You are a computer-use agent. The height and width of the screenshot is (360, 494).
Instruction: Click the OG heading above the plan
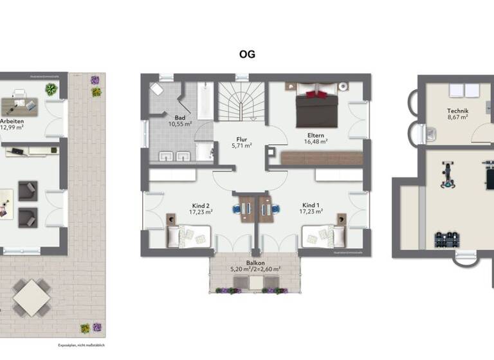click(x=247, y=55)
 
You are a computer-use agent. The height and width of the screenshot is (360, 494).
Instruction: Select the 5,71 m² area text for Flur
click(x=242, y=145)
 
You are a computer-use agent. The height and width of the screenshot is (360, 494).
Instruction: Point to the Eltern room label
click(x=316, y=135)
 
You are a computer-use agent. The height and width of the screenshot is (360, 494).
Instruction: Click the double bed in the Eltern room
click(x=316, y=107)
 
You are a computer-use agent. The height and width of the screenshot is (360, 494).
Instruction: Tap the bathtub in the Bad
click(x=205, y=101)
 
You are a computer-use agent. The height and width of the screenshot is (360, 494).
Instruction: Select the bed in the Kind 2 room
click(x=189, y=236)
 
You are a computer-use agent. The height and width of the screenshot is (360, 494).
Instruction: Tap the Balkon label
click(x=255, y=263)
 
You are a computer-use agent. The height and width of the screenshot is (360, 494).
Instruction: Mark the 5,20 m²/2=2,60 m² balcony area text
click(x=255, y=270)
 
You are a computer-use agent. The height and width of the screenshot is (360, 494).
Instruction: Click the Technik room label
click(x=458, y=111)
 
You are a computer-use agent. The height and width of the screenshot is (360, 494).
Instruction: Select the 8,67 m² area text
click(x=458, y=118)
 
